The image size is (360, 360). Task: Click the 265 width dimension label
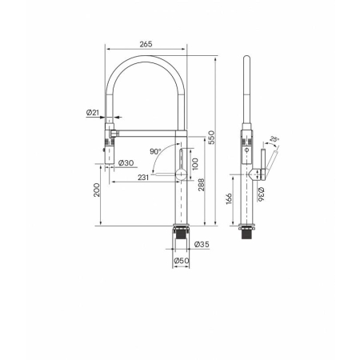(x=146, y=44)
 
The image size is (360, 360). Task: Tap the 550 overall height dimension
(x=211, y=138)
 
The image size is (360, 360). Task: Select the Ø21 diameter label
(x=93, y=113)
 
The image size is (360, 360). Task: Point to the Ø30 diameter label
(x=126, y=162)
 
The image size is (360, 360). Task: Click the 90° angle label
(x=155, y=151)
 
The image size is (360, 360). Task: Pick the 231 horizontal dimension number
(x=143, y=178)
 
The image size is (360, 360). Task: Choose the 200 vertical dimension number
(x=97, y=190)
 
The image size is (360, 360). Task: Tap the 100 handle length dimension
(x=195, y=164)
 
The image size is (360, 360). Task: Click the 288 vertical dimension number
(x=202, y=185)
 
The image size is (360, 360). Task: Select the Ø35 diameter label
(x=202, y=244)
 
